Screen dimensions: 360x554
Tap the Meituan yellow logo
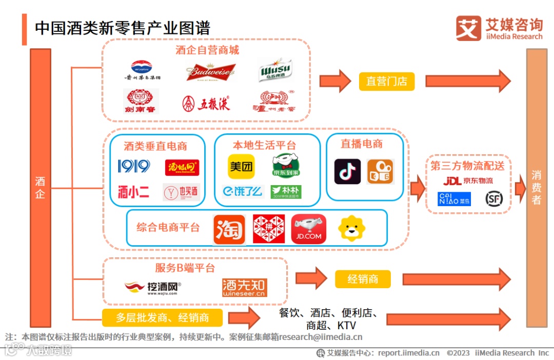pos(241,167)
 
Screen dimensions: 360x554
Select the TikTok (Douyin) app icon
pos(347,171)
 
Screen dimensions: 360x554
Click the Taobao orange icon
pos(229,229)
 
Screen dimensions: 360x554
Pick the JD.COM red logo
pos(309,229)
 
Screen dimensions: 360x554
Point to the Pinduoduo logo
pos(269,229)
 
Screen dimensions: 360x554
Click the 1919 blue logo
pos(134,166)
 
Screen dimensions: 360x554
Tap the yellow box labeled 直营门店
pos(386,81)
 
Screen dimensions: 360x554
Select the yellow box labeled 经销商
pos(363,279)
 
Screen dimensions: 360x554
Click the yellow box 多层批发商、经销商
pos(162,317)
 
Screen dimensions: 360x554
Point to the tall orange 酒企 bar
pos(41,188)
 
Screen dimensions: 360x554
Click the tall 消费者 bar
pos(537,188)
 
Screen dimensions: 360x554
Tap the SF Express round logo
pos(494,198)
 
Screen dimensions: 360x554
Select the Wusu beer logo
pos(275,70)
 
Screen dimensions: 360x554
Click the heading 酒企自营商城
pos(207,50)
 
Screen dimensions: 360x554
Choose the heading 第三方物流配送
pos(467,166)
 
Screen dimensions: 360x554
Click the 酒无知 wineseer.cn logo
pos(245,288)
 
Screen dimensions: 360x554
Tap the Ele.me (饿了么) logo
pos(243,191)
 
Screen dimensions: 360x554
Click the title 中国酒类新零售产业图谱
pos(123,28)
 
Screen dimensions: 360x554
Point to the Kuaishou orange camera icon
pos(380,171)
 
